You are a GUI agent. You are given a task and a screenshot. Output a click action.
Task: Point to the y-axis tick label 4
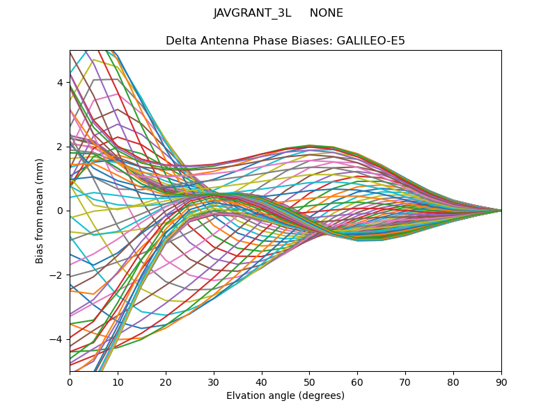[61, 83]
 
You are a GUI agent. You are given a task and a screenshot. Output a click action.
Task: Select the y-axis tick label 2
[61, 147]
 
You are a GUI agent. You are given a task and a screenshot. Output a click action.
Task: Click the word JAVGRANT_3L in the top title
[252, 13]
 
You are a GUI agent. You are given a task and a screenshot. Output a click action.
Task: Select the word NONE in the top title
[326, 13]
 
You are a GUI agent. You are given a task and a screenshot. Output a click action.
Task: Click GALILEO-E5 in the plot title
[371, 41]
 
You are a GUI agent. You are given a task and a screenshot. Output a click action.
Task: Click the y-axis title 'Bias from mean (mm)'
[40, 211]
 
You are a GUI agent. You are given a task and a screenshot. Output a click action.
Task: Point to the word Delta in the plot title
[180, 41]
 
